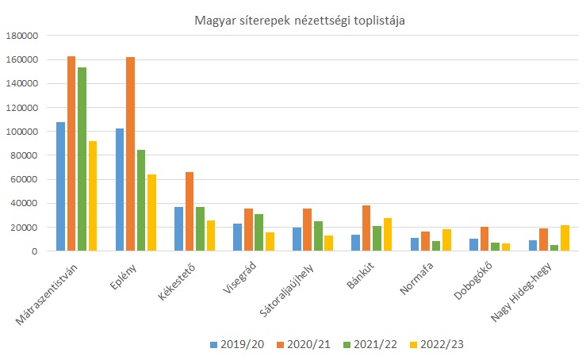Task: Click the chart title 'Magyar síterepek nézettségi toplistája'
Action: point(300,21)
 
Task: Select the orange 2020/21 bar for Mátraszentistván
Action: point(71,154)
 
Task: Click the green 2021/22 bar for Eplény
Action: point(141,200)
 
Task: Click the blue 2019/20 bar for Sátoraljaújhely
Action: point(297,239)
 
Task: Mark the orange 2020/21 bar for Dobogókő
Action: point(485,239)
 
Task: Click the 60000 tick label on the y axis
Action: point(24,179)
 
